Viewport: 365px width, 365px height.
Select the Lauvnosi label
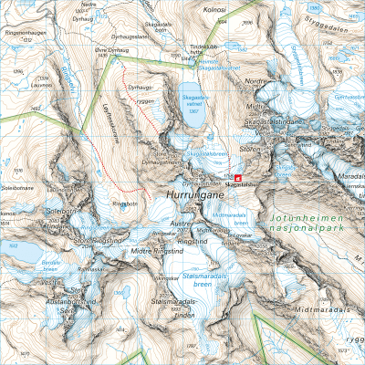[13, 80]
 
